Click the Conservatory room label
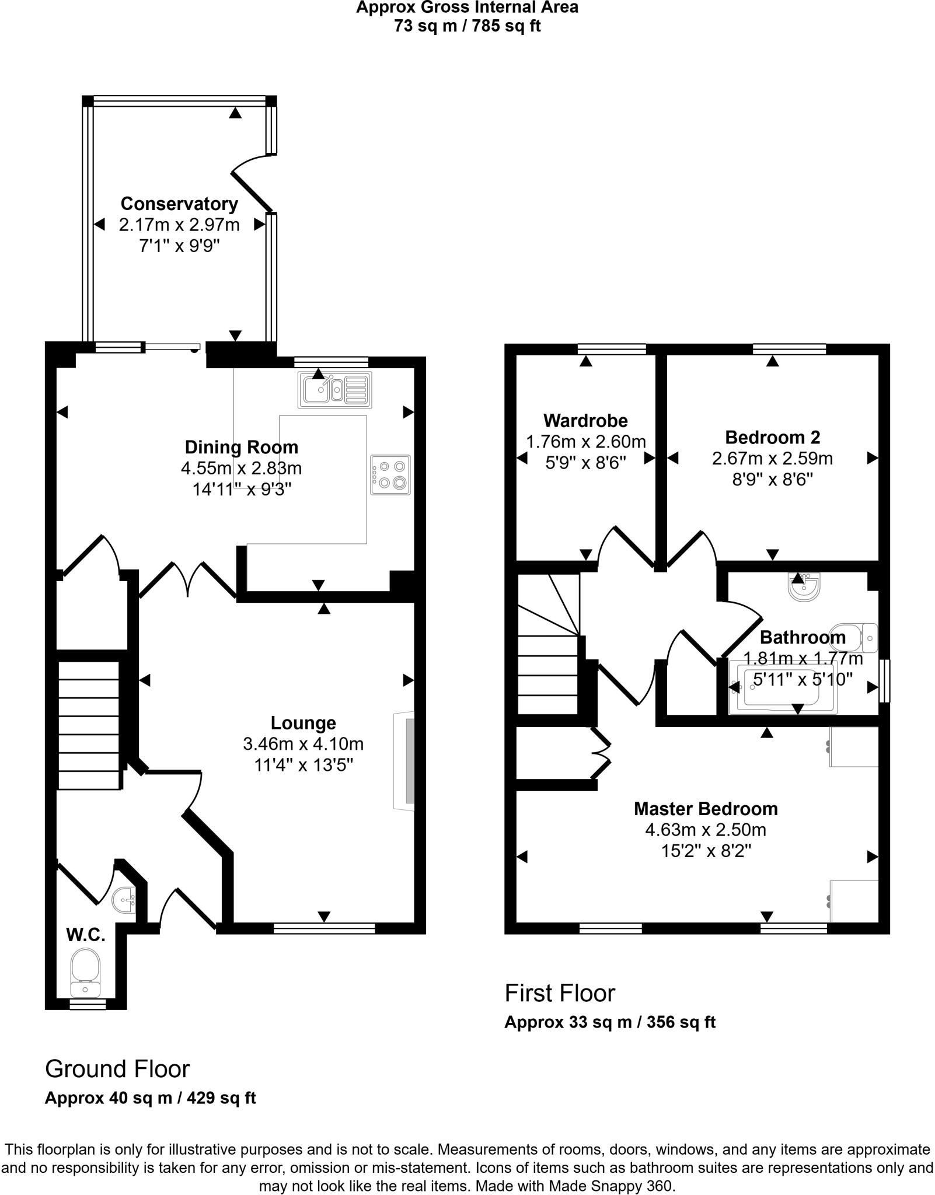(x=179, y=204)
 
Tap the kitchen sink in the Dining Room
(x=335, y=389)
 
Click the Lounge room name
(x=303, y=723)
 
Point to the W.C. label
(x=86, y=935)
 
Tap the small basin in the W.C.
(x=124, y=901)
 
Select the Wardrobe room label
(x=585, y=420)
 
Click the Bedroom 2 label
(x=772, y=437)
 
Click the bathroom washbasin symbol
(x=804, y=586)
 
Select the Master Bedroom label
(x=706, y=809)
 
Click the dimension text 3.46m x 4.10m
(x=303, y=744)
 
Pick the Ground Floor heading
(x=117, y=1069)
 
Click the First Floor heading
(x=560, y=993)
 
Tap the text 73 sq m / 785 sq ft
(x=467, y=26)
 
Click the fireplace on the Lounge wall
(x=404, y=761)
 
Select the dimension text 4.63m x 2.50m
(x=706, y=830)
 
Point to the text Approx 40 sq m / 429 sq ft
(x=151, y=1098)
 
